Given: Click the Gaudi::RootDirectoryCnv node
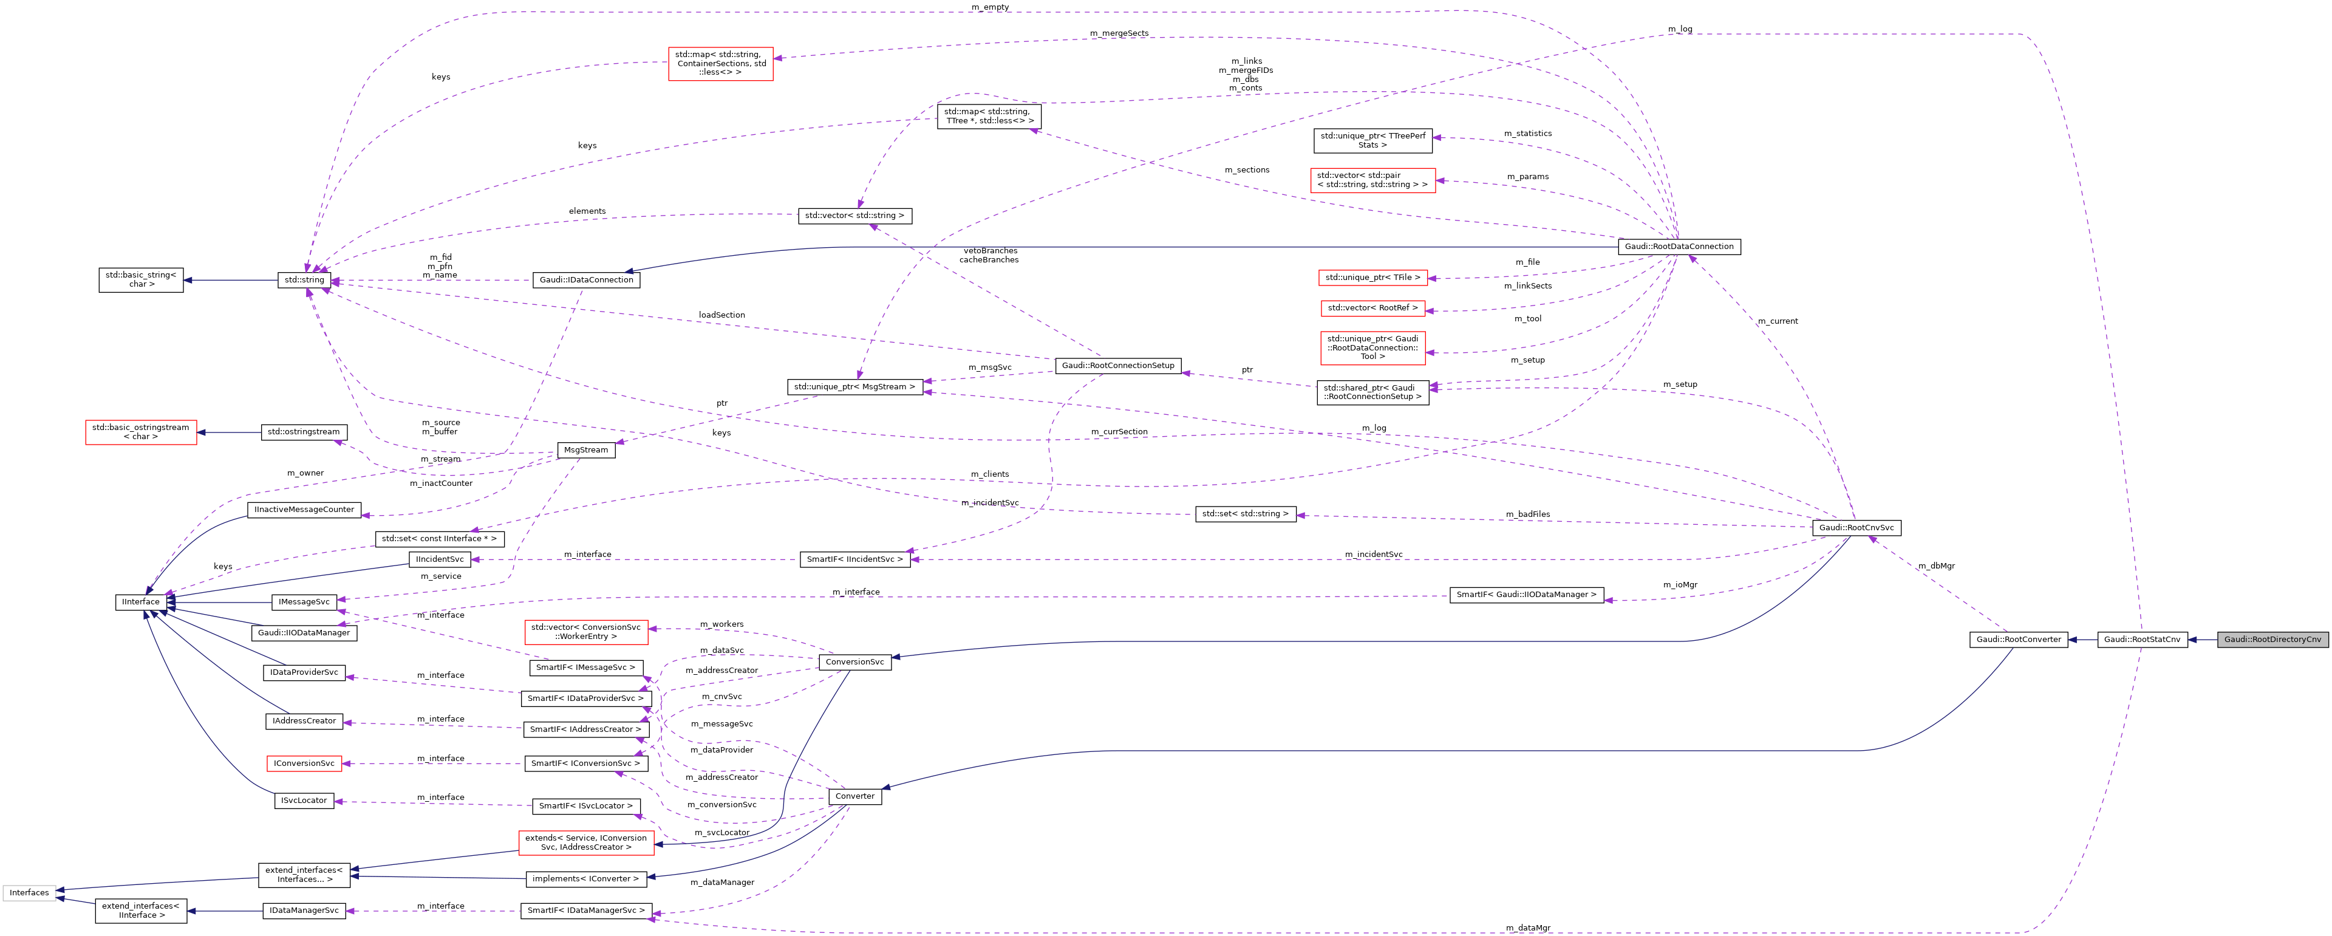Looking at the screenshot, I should click(2272, 639).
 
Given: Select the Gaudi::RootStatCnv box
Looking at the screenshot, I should click(2142, 639).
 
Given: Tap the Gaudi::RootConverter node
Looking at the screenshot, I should click(2018, 639).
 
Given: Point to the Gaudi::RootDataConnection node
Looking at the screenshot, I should click(1679, 246).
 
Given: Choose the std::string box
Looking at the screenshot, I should click(304, 280).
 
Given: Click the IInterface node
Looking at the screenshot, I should click(140, 602).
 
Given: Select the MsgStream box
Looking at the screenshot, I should click(585, 450).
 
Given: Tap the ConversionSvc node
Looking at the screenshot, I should click(854, 661).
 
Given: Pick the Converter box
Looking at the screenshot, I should click(854, 796).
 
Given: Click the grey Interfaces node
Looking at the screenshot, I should click(29, 892).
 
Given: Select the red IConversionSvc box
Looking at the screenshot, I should click(304, 763).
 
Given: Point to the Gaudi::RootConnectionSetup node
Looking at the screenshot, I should click(1118, 366).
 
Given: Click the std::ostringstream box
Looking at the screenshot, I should click(303, 432).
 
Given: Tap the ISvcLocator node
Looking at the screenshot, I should click(304, 800).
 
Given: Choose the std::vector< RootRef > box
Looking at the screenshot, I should click(1372, 308).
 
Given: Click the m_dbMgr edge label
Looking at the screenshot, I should click(1935, 565).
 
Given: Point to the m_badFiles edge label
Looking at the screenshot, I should click(1527, 514).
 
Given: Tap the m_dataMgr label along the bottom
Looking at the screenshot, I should click(1528, 928).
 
